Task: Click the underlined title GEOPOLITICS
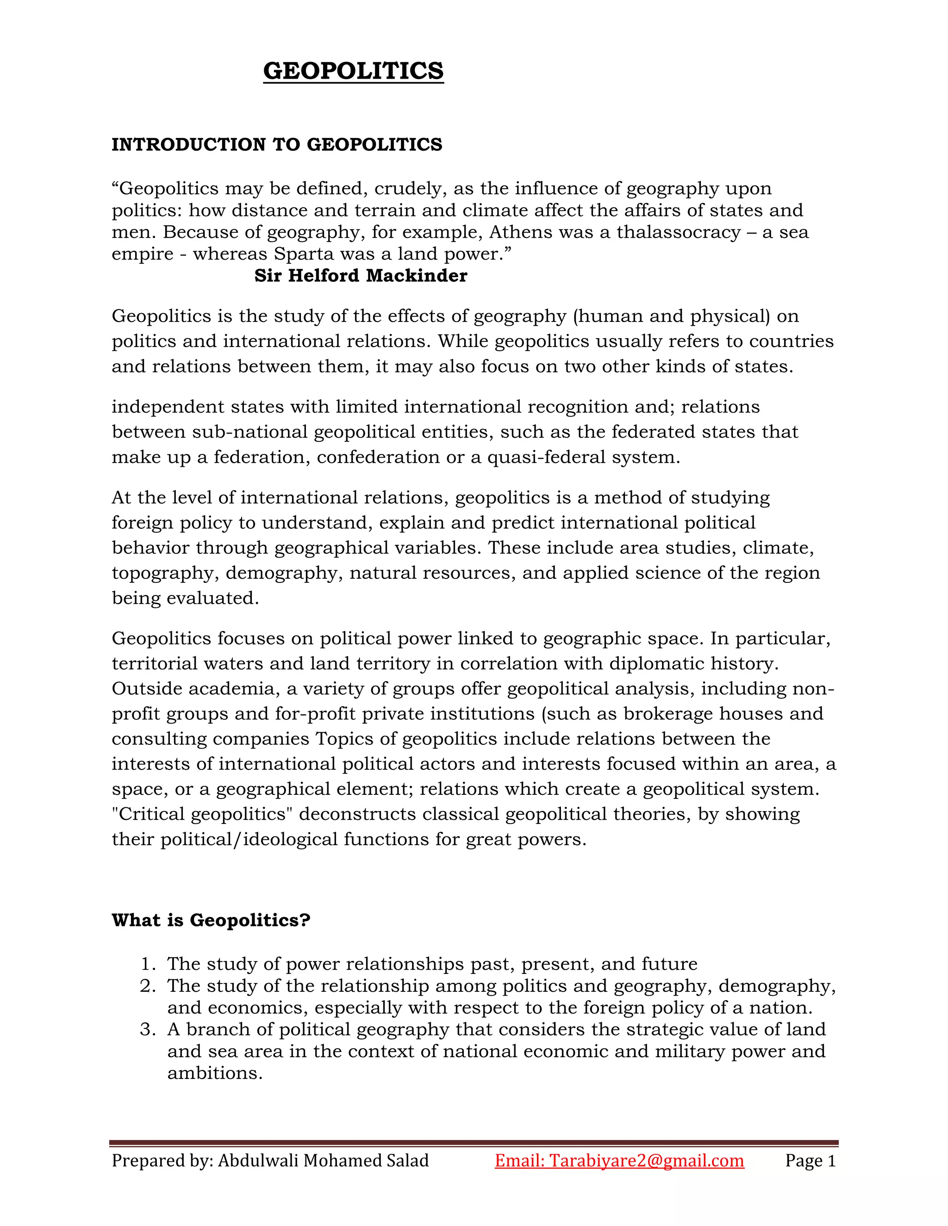coord(353,71)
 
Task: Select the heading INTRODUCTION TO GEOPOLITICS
coord(277,145)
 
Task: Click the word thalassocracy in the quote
coord(679,232)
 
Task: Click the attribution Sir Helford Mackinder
coord(361,276)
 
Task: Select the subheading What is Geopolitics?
coord(211,920)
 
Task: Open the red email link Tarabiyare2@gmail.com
coord(646,1160)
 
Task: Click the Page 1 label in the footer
coord(811,1160)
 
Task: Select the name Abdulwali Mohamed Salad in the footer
coord(323,1160)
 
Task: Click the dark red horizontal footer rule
coord(474,1143)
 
